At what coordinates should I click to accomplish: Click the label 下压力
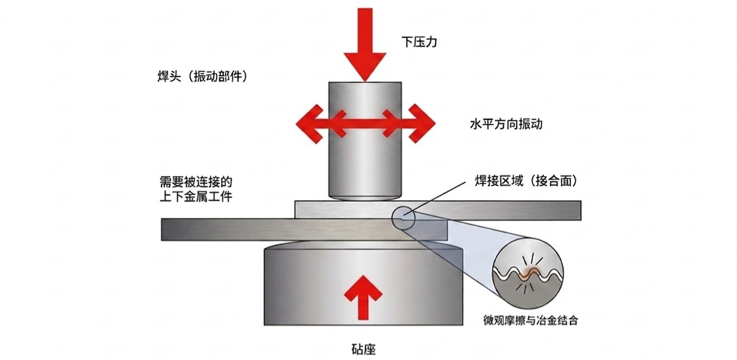pyautogui.click(x=419, y=42)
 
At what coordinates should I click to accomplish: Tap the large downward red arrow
pyautogui.click(x=365, y=44)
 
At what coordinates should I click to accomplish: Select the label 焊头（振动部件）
pyautogui.click(x=202, y=76)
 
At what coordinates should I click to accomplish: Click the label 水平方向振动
pyautogui.click(x=506, y=124)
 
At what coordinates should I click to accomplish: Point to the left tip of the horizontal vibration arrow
pyautogui.click(x=296, y=124)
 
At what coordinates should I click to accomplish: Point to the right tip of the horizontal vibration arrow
pyautogui.click(x=435, y=124)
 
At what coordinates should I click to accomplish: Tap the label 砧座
pyautogui.click(x=363, y=349)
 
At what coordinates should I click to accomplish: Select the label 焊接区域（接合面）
pyautogui.click(x=526, y=181)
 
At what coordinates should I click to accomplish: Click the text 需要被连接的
pyautogui.click(x=196, y=181)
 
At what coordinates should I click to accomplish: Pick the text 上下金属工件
pyautogui.click(x=196, y=196)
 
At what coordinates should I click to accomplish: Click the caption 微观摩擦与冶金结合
pyautogui.click(x=530, y=320)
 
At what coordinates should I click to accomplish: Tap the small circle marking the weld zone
pyautogui.click(x=392, y=218)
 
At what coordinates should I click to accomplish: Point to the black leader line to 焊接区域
pyautogui.click(x=434, y=198)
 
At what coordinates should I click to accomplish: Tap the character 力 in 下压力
pyautogui.click(x=431, y=42)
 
